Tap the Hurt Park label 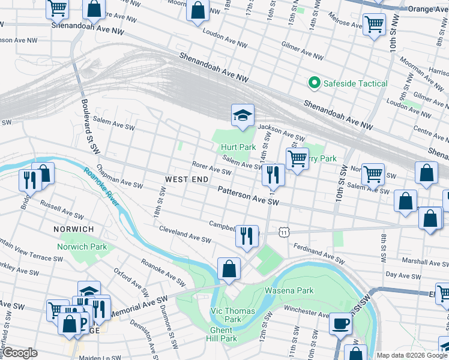point(238,147)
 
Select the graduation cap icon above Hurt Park point(243,115)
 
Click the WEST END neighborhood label point(187,179)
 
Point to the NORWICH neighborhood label point(73,229)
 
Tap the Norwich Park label point(82,247)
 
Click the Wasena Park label point(289,291)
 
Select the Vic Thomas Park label point(233,315)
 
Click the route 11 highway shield point(283,231)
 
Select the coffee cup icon point(341,323)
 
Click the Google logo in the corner point(20,353)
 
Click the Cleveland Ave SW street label point(185,235)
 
